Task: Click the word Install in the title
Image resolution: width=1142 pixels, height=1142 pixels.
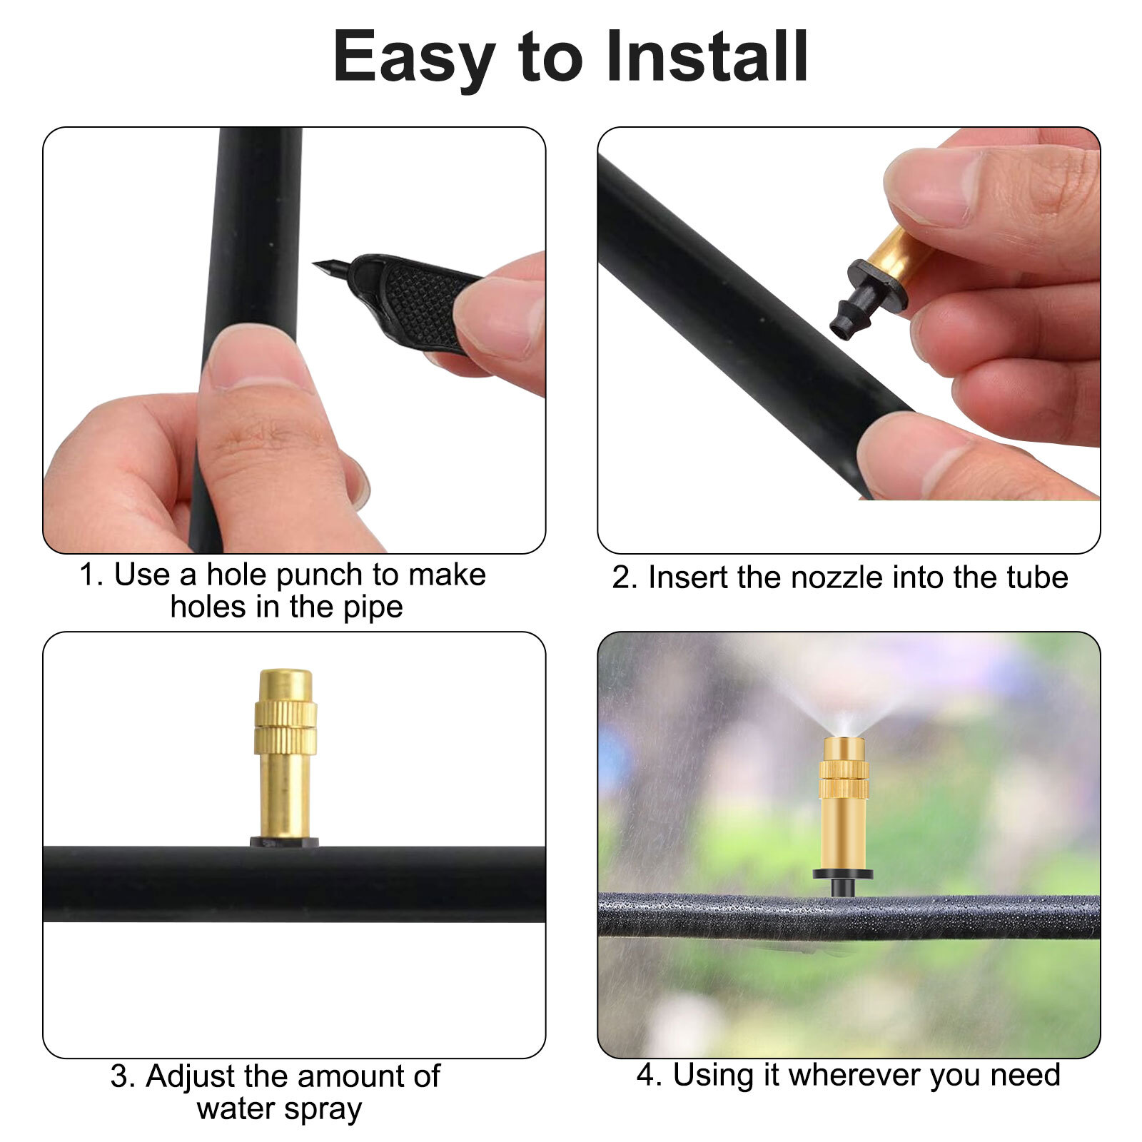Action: click(707, 57)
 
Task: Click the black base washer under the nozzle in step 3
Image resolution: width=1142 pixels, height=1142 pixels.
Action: click(284, 842)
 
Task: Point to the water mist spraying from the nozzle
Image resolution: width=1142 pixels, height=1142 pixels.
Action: click(846, 696)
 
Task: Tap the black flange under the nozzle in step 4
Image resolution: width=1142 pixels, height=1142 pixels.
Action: click(843, 874)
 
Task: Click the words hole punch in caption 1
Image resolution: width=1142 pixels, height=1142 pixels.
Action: click(285, 575)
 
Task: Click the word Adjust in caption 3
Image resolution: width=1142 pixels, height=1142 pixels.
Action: click(191, 1076)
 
